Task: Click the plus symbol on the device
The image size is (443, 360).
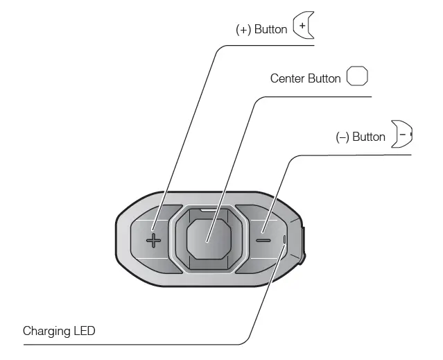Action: coord(153,241)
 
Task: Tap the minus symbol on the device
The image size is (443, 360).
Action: coord(263,241)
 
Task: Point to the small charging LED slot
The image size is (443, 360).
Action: coord(284,239)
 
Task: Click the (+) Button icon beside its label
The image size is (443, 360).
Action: coord(304,25)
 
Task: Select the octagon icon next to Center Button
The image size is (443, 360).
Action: coord(357,76)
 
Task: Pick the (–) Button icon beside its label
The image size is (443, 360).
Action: coord(401,134)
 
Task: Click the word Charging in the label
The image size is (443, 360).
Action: coord(46,331)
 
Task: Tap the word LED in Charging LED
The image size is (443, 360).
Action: coord(85,331)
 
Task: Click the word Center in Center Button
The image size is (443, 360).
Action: coord(287,78)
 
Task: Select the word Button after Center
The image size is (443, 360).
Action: coord(324,78)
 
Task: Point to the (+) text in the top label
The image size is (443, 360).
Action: coord(243,30)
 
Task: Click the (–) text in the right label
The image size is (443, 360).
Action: coord(342,137)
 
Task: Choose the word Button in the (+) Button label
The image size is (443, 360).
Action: coord(270,29)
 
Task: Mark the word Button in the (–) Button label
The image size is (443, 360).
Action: coord(369,137)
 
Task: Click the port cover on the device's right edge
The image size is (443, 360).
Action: coord(304,245)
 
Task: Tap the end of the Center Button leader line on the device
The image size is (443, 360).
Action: coord(207,242)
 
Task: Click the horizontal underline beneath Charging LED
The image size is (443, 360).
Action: coord(131,345)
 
